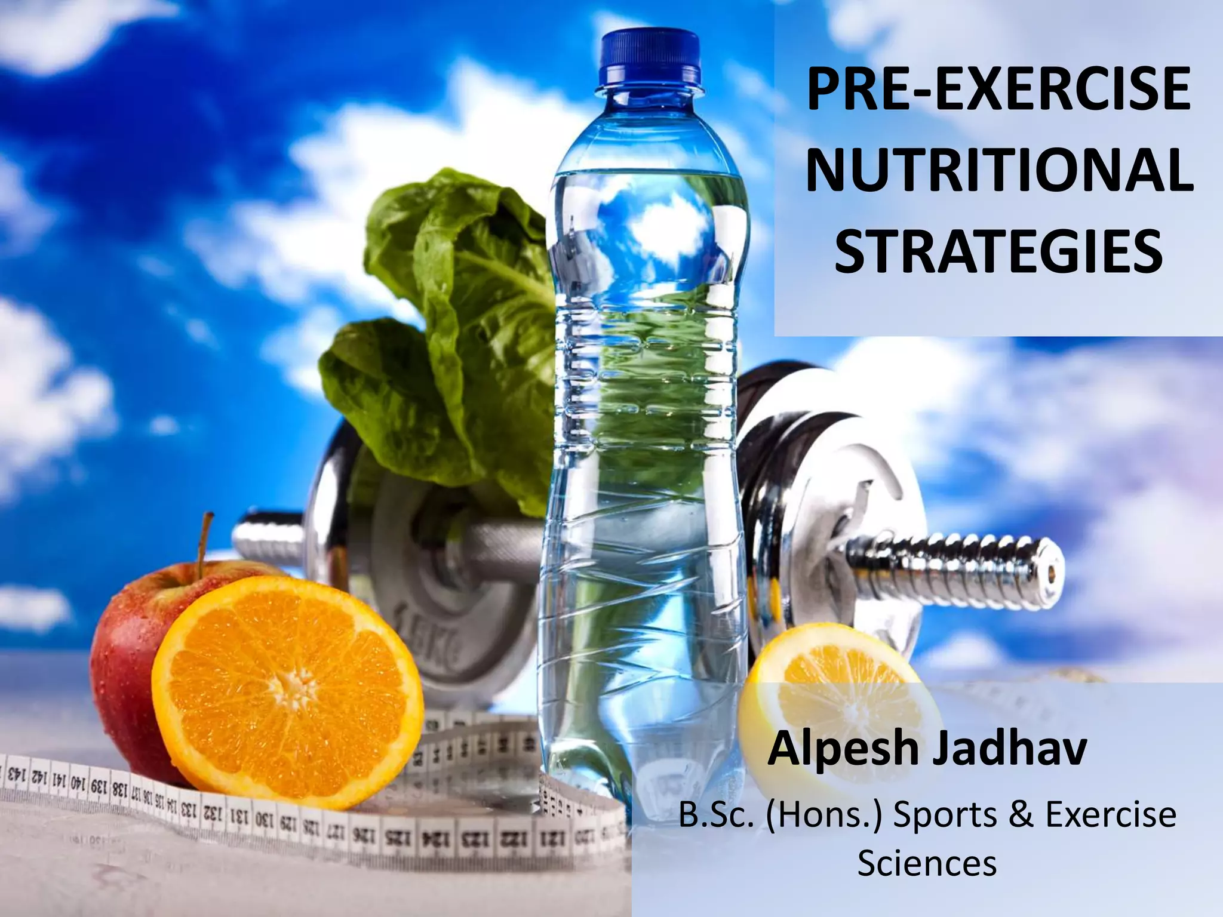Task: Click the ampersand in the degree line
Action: coord(1019,816)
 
